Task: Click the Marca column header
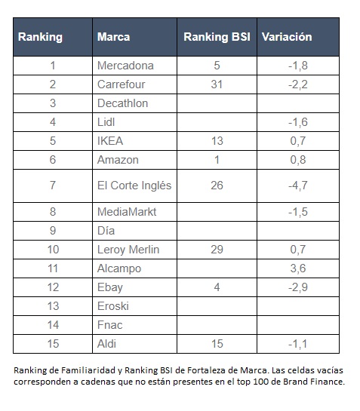pos(114,37)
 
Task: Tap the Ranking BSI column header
pos(217,37)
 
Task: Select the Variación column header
pos(287,37)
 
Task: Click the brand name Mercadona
pos(125,66)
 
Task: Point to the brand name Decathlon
pos(123,103)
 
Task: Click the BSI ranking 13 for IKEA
pos(217,141)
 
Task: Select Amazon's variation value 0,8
pos(298,160)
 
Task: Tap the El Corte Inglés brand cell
pos(134,186)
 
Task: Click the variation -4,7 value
pos(298,186)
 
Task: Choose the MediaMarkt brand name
pos(127,212)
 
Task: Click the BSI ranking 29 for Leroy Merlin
pos(217,250)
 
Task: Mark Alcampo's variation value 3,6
pos(298,268)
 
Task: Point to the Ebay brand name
pos(110,287)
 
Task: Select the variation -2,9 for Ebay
pos(298,287)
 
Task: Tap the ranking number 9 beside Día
pos(53,231)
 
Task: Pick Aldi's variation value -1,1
pos(297,344)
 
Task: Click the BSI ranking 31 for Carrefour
pos(217,84)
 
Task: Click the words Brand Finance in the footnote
pos(313,382)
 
